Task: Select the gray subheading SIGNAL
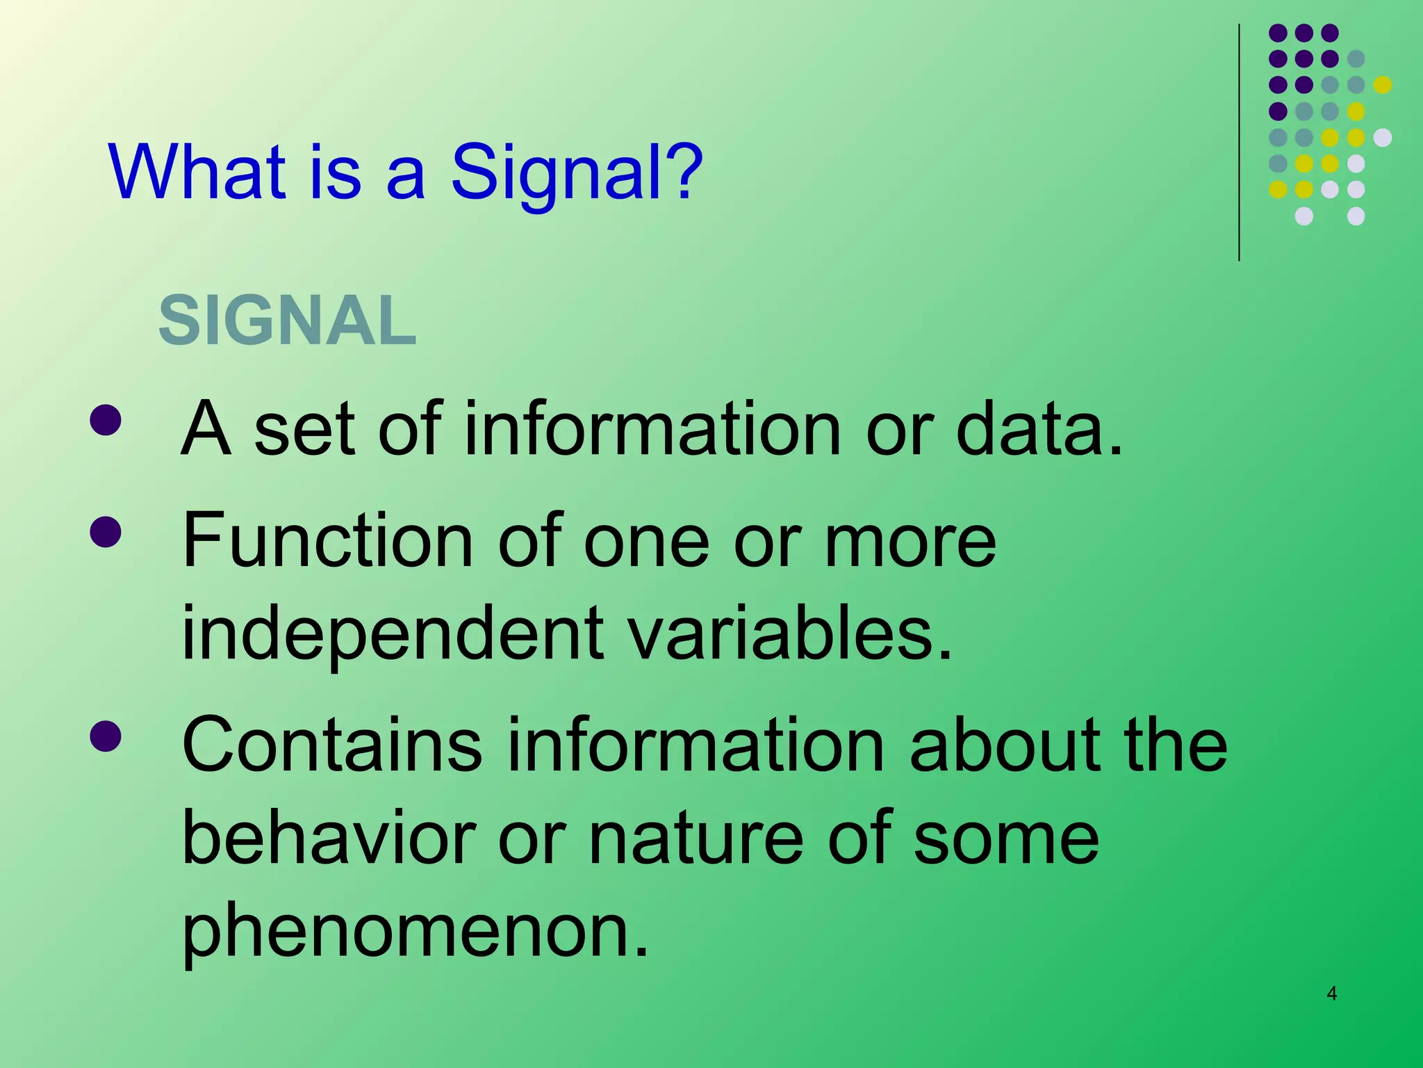coord(288,321)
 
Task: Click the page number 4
coord(1331,994)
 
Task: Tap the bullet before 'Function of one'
coord(106,532)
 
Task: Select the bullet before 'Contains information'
coord(106,736)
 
